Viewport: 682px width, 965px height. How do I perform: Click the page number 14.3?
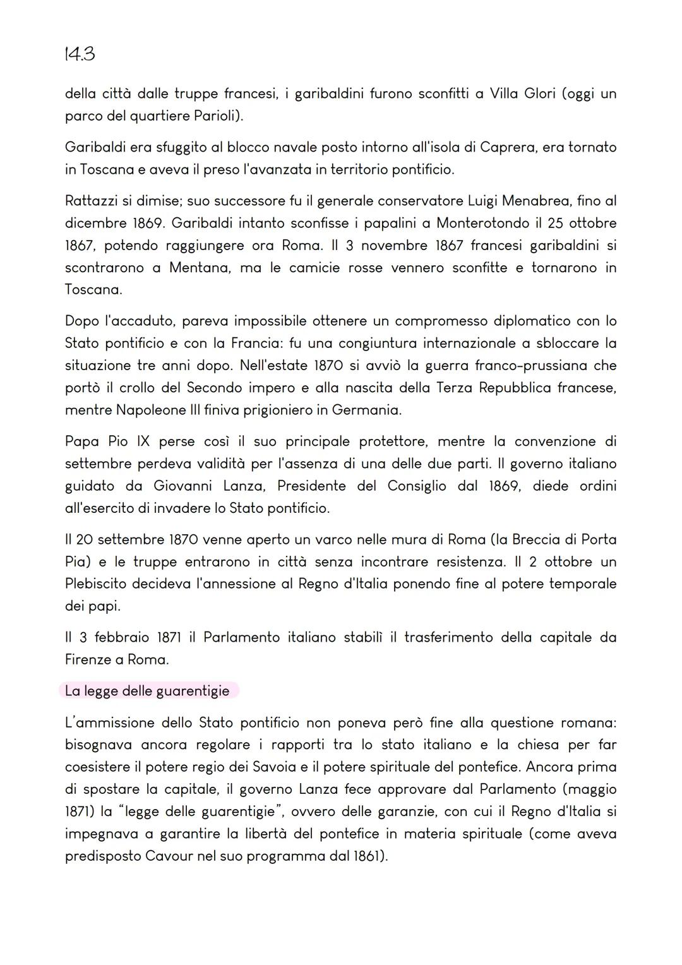[x=80, y=54]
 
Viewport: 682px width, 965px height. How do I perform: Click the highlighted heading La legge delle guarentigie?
[x=147, y=691]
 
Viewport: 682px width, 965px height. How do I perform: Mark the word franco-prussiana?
[x=530, y=366]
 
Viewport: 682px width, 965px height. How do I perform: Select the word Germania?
[x=366, y=410]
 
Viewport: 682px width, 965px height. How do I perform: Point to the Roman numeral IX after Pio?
[x=143, y=441]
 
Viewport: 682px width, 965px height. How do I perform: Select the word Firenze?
[x=88, y=659]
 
